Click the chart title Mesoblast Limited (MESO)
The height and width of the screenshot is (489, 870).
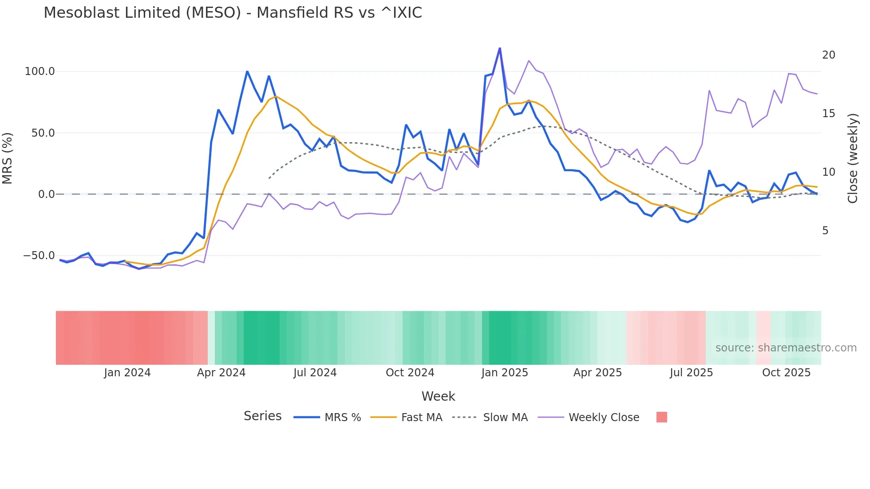pos(233,13)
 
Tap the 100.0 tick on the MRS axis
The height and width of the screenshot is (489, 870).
pos(40,71)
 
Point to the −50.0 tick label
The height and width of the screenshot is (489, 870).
pos(39,256)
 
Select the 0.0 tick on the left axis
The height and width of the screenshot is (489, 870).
pos(47,194)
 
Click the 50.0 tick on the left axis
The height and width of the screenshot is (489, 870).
pos(43,133)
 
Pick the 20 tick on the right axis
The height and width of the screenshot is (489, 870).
pos(828,55)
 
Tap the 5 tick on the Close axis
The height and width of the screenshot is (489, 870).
pos(825,231)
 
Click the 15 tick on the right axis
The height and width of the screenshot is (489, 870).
pos(828,114)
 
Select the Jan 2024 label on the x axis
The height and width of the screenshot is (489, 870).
pos(127,373)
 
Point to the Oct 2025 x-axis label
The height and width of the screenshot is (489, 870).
pos(786,373)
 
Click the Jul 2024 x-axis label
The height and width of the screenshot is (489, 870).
pos(315,373)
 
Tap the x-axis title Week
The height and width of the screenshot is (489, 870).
pos(438,396)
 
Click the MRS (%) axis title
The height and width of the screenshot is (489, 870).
pos(8,158)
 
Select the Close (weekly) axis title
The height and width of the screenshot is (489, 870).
pos(853,158)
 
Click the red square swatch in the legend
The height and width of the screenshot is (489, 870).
pos(661,417)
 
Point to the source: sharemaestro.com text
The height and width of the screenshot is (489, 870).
pos(786,348)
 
